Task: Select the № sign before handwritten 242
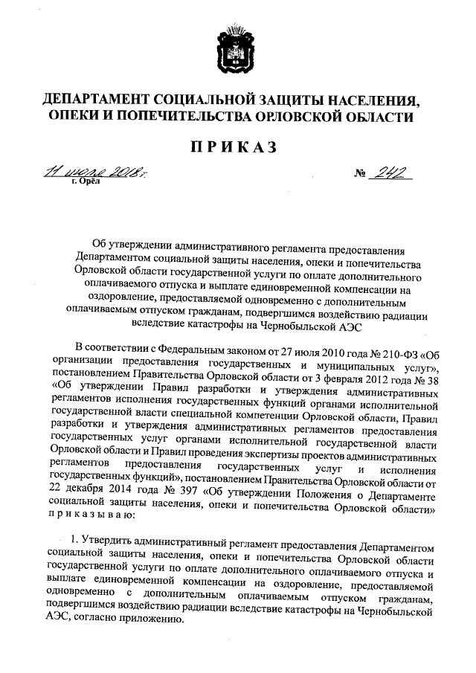(x=361, y=176)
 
